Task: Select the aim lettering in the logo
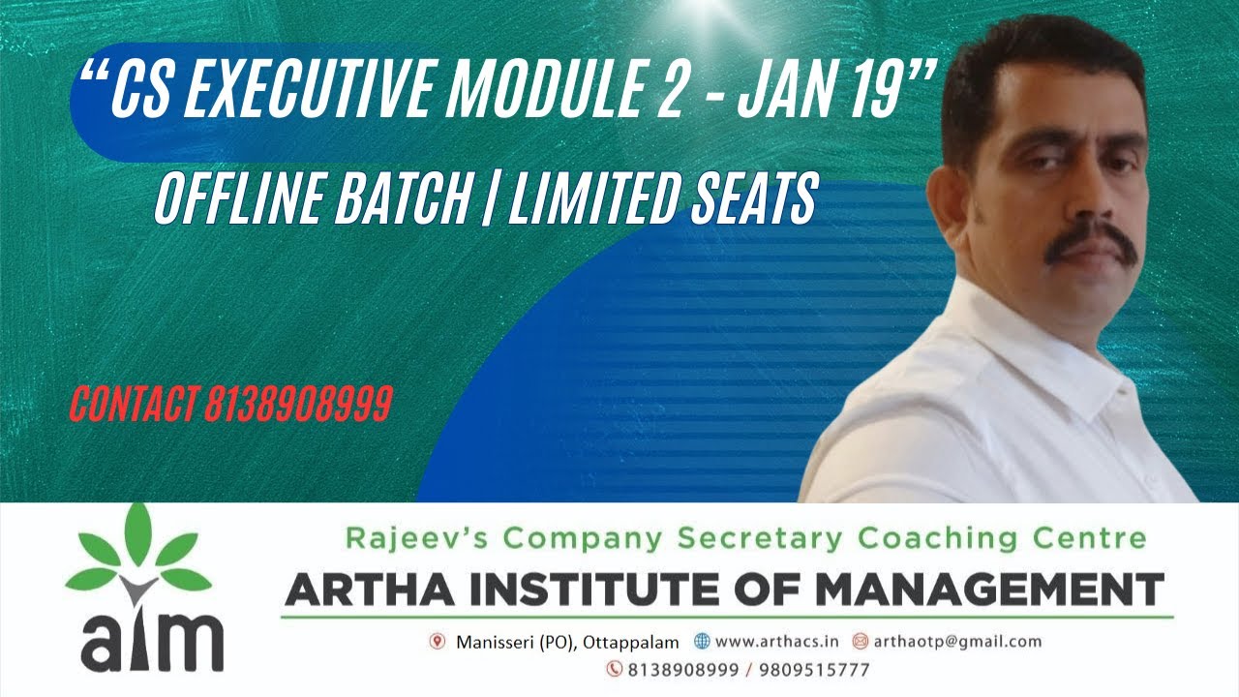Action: [x=153, y=639]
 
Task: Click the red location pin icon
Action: [x=438, y=641]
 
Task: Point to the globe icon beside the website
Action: [x=702, y=641]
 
